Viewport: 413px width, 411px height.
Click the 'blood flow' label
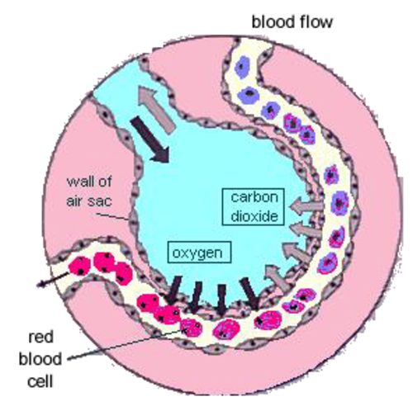coord(292,22)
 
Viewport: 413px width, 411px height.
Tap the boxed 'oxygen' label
coord(199,252)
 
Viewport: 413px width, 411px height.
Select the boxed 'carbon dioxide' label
coord(254,207)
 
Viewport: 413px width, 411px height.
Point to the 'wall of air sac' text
coord(89,191)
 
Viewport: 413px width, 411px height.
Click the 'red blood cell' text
coord(40,359)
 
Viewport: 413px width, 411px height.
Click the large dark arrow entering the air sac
coord(150,139)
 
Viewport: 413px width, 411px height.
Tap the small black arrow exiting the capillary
coord(52,280)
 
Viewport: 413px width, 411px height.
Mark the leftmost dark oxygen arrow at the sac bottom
coord(174,291)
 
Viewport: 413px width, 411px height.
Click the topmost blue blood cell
coord(242,67)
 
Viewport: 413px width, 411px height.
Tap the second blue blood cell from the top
coord(249,95)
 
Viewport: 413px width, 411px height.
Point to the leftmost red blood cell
coord(79,266)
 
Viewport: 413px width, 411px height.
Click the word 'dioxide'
coord(254,216)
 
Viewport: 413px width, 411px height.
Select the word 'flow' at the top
coord(316,22)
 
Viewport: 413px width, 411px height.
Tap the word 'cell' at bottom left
coord(40,381)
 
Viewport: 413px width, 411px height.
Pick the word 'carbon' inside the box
coord(254,197)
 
